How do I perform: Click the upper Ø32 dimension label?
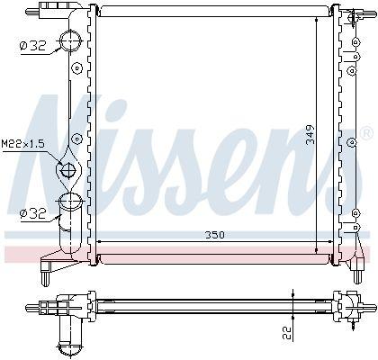pyautogui.click(x=32, y=46)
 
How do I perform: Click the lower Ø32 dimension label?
pyautogui.click(x=32, y=213)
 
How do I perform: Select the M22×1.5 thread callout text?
pyautogui.click(x=23, y=144)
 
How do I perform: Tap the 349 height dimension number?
pyautogui.click(x=310, y=135)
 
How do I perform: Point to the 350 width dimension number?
pyautogui.click(x=214, y=235)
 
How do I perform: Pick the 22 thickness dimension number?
pyautogui.click(x=287, y=333)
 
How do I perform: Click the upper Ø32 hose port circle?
pyautogui.click(x=71, y=41)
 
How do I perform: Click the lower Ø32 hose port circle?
pyautogui.click(x=71, y=202)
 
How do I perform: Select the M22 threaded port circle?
pyautogui.click(x=68, y=171)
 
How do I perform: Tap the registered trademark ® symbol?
pyautogui.click(x=366, y=134)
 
